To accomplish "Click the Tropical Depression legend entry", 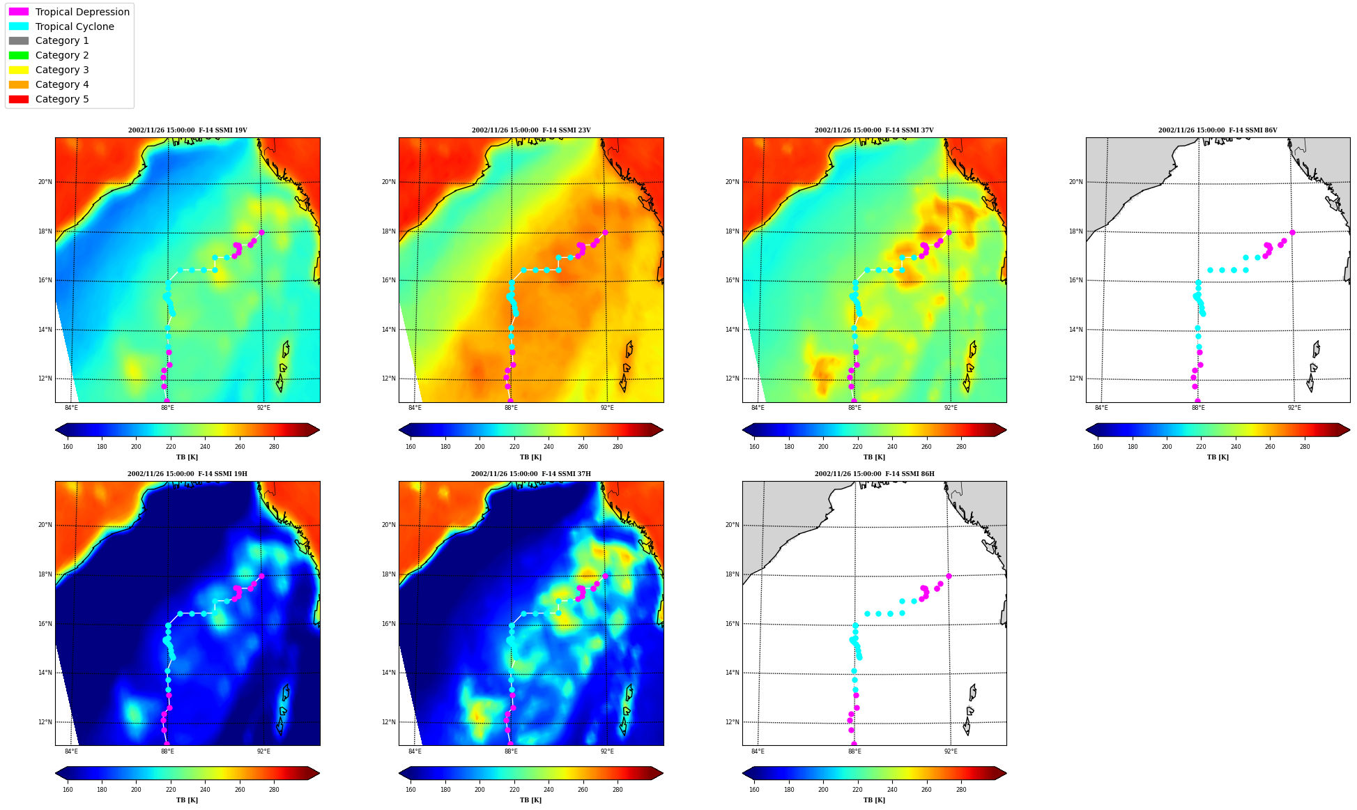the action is [69, 12].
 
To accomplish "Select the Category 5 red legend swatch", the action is [19, 99].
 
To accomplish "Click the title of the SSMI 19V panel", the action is [187, 130].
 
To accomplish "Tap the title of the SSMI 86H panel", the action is [875, 474].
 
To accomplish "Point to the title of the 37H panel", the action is [531, 474].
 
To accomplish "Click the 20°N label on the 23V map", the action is [388, 182].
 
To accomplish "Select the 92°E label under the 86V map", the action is [1294, 408].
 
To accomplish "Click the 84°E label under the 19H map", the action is [71, 751].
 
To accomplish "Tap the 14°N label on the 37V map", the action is [732, 330].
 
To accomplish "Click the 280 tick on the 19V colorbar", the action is [274, 447].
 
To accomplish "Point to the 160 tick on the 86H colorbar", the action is [754, 790].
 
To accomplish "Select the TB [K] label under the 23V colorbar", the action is [530, 457].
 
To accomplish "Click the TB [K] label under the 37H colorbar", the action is [530, 800].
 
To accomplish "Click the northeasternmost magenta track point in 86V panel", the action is [1292, 233].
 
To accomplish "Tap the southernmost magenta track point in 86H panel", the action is [854, 744].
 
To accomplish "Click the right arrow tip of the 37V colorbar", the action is [1006, 430].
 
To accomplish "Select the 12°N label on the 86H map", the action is [732, 722].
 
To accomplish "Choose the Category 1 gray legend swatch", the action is [19, 40].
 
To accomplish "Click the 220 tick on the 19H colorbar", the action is [171, 790].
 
